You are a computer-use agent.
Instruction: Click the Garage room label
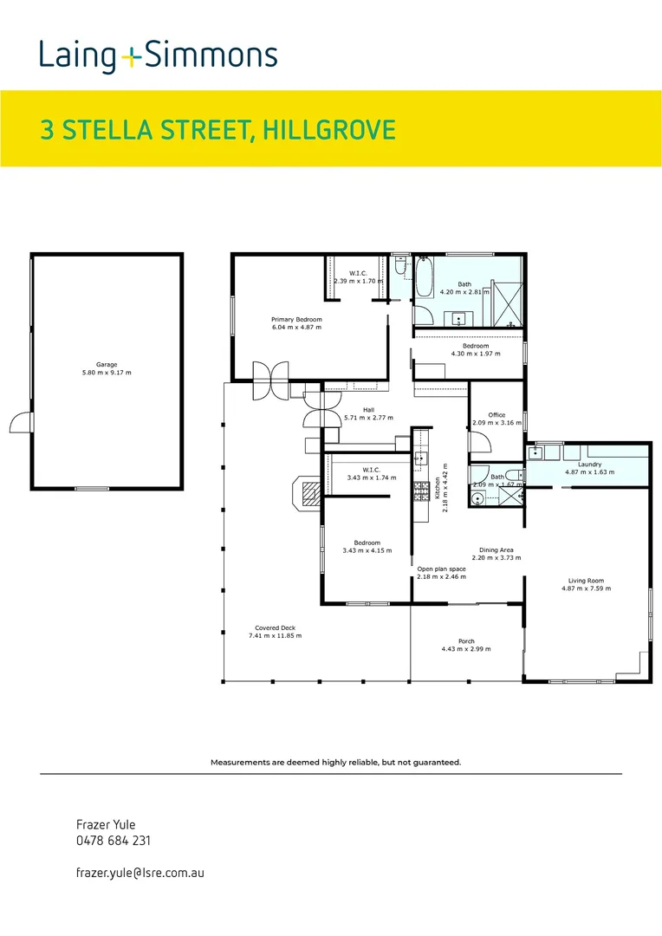107,365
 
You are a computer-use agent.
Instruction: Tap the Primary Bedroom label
296,319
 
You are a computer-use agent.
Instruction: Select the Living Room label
586,581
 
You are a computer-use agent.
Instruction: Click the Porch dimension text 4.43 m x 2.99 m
465,649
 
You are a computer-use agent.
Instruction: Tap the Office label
496,415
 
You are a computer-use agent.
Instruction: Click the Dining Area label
497,549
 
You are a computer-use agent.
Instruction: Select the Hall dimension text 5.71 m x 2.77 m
367,417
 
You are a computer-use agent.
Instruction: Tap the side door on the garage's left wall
21,423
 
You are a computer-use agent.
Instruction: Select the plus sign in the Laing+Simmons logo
131,58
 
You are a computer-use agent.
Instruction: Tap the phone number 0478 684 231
114,840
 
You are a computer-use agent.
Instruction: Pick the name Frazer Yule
106,824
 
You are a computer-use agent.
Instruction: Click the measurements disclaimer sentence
335,763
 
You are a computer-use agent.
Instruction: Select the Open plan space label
441,569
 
